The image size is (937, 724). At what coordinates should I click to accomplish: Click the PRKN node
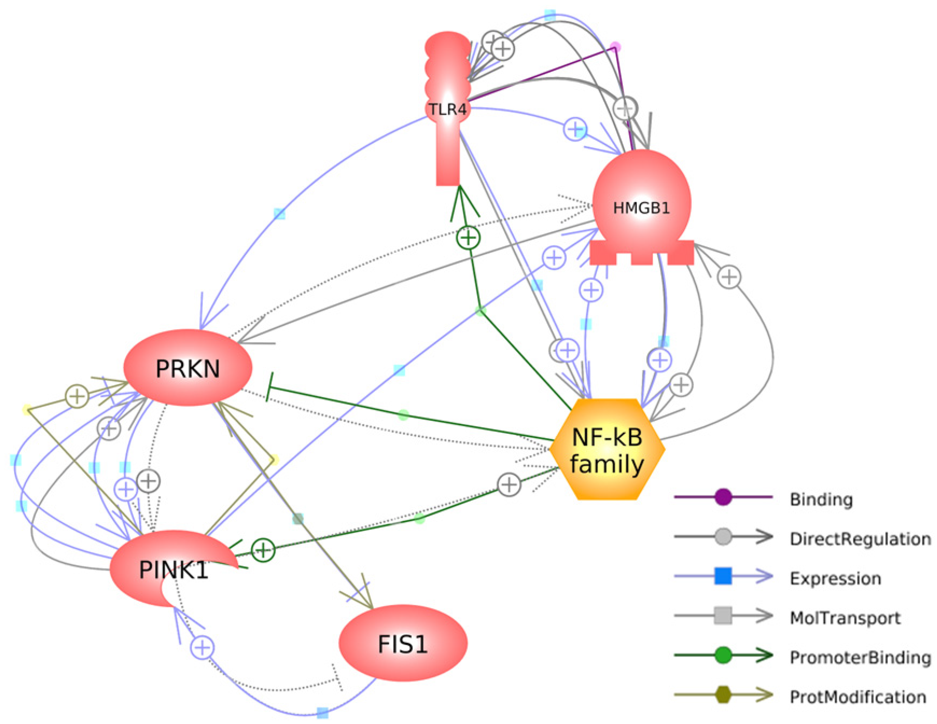click(187, 368)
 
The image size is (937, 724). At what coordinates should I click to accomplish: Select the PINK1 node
click(174, 569)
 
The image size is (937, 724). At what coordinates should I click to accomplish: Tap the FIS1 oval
click(403, 644)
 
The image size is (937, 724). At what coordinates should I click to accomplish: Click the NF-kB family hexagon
click(607, 449)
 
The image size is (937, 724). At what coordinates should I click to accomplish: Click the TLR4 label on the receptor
click(448, 110)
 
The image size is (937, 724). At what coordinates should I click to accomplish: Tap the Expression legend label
click(835, 578)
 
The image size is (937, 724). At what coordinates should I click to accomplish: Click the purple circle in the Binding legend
click(723, 497)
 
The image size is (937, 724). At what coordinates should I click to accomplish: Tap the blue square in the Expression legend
click(723, 576)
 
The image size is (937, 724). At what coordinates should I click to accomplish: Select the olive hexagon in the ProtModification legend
click(723, 694)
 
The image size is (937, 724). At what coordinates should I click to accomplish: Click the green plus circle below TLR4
click(468, 237)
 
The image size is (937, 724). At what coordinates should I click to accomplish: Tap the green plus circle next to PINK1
click(263, 550)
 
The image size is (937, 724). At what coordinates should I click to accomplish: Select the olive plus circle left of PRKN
click(77, 396)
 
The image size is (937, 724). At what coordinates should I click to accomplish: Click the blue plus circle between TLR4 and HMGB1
click(575, 129)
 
